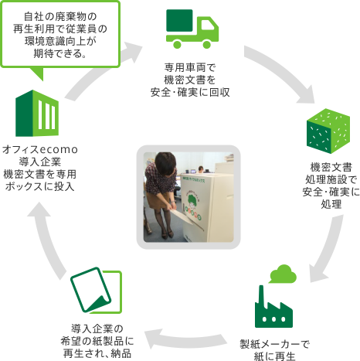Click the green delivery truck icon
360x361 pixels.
pyautogui.click(x=192, y=29)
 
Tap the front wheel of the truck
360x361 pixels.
pyautogui.click(x=207, y=44)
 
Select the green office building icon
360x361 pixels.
pyautogui.click(x=37, y=114)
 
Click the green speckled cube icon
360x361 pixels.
pyautogui.click(x=328, y=131)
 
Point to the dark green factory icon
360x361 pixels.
pyautogui.click(x=273, y=306)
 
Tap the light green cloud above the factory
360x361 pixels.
pyautogui.click(x=283, y=274)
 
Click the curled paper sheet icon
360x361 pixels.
pyautogui.click(x=96, y=290)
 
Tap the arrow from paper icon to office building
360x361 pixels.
pyautogui.click(x=48, y=242)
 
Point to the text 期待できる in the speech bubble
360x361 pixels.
pyautogui.click(x=59, y=53)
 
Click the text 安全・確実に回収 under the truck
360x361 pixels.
pyautogui.click(x=190, y=93)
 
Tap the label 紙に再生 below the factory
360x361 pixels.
pyautogui.click(x=274, y=356)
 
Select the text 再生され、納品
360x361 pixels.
pyautogui.click(x=97, y=353)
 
